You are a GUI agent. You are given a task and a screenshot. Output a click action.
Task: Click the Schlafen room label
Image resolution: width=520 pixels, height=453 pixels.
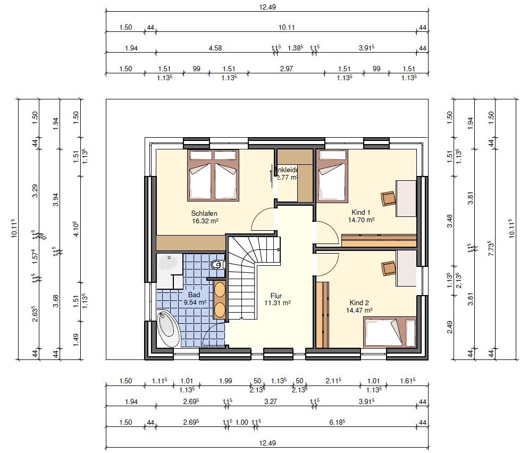click(205, 214)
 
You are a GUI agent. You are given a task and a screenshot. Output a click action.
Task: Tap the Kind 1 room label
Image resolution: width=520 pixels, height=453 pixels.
click(362, 212)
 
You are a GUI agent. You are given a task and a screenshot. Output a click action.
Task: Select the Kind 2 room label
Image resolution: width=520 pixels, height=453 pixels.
click(359, 303)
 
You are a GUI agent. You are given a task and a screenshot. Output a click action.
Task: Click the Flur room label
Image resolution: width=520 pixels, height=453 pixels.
click(276, 296)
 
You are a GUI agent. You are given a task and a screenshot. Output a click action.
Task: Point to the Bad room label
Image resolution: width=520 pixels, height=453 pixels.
click(194, 294)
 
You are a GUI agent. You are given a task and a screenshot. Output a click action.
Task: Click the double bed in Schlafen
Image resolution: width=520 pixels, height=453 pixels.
click(213, 175)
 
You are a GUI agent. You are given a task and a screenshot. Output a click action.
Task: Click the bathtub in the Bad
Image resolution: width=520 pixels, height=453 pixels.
click(169, 329)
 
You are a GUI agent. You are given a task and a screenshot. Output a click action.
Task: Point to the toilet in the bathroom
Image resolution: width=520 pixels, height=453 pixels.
click(216, 264)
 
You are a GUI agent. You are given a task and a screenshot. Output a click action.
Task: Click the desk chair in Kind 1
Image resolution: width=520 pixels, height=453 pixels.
click(389, 198)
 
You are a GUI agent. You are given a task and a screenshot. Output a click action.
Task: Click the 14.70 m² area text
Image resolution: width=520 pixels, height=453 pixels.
click(362, 220)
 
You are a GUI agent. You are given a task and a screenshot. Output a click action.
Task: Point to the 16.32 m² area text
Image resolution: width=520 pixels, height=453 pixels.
click(205, 221)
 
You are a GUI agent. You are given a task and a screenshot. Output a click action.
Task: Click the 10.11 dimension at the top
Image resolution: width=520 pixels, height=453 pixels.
click(287, 28)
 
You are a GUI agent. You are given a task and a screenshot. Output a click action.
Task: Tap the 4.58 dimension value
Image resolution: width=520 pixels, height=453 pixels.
click(215, 48)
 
